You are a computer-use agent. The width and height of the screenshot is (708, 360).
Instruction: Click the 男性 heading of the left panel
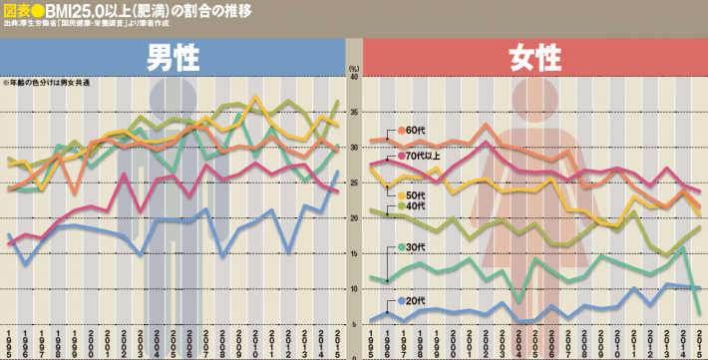(175, 58)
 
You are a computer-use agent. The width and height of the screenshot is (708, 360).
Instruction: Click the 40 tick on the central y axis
(354, 77)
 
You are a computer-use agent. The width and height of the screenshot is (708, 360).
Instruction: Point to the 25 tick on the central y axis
(354, 182)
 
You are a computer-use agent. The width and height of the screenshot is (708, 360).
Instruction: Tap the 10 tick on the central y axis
(354, 289)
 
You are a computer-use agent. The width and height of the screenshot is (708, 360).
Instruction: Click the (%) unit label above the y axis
(354, 67)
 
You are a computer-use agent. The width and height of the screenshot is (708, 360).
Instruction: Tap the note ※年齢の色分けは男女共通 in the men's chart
(46, 82)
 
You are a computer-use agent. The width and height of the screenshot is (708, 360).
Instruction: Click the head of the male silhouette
(176, 100)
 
